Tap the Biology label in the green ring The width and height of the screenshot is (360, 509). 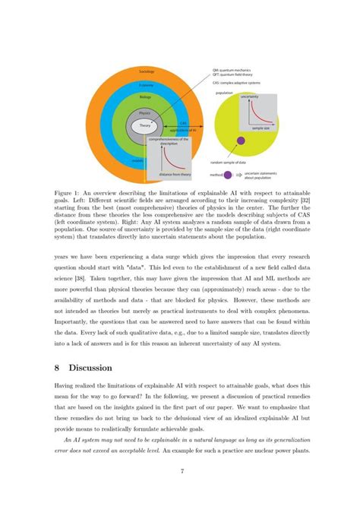147,97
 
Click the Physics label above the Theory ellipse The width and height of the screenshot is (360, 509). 145,112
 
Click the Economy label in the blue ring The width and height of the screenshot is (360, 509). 147,86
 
